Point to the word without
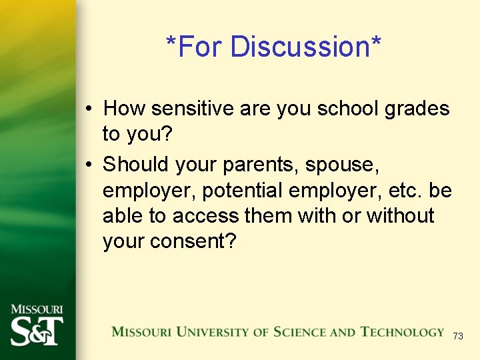click(x=400, y=216)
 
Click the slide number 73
click(x=457, y=336)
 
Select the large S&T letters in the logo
click(x=37, y=329)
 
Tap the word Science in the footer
click(x=296, y=332)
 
